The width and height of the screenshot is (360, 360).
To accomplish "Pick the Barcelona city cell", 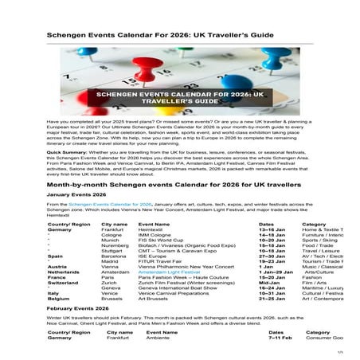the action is click(x=115, y=256).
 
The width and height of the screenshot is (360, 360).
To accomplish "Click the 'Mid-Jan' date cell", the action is click(x=269, y=281).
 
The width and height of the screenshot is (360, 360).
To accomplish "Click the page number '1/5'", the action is click(x=339, y=352).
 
